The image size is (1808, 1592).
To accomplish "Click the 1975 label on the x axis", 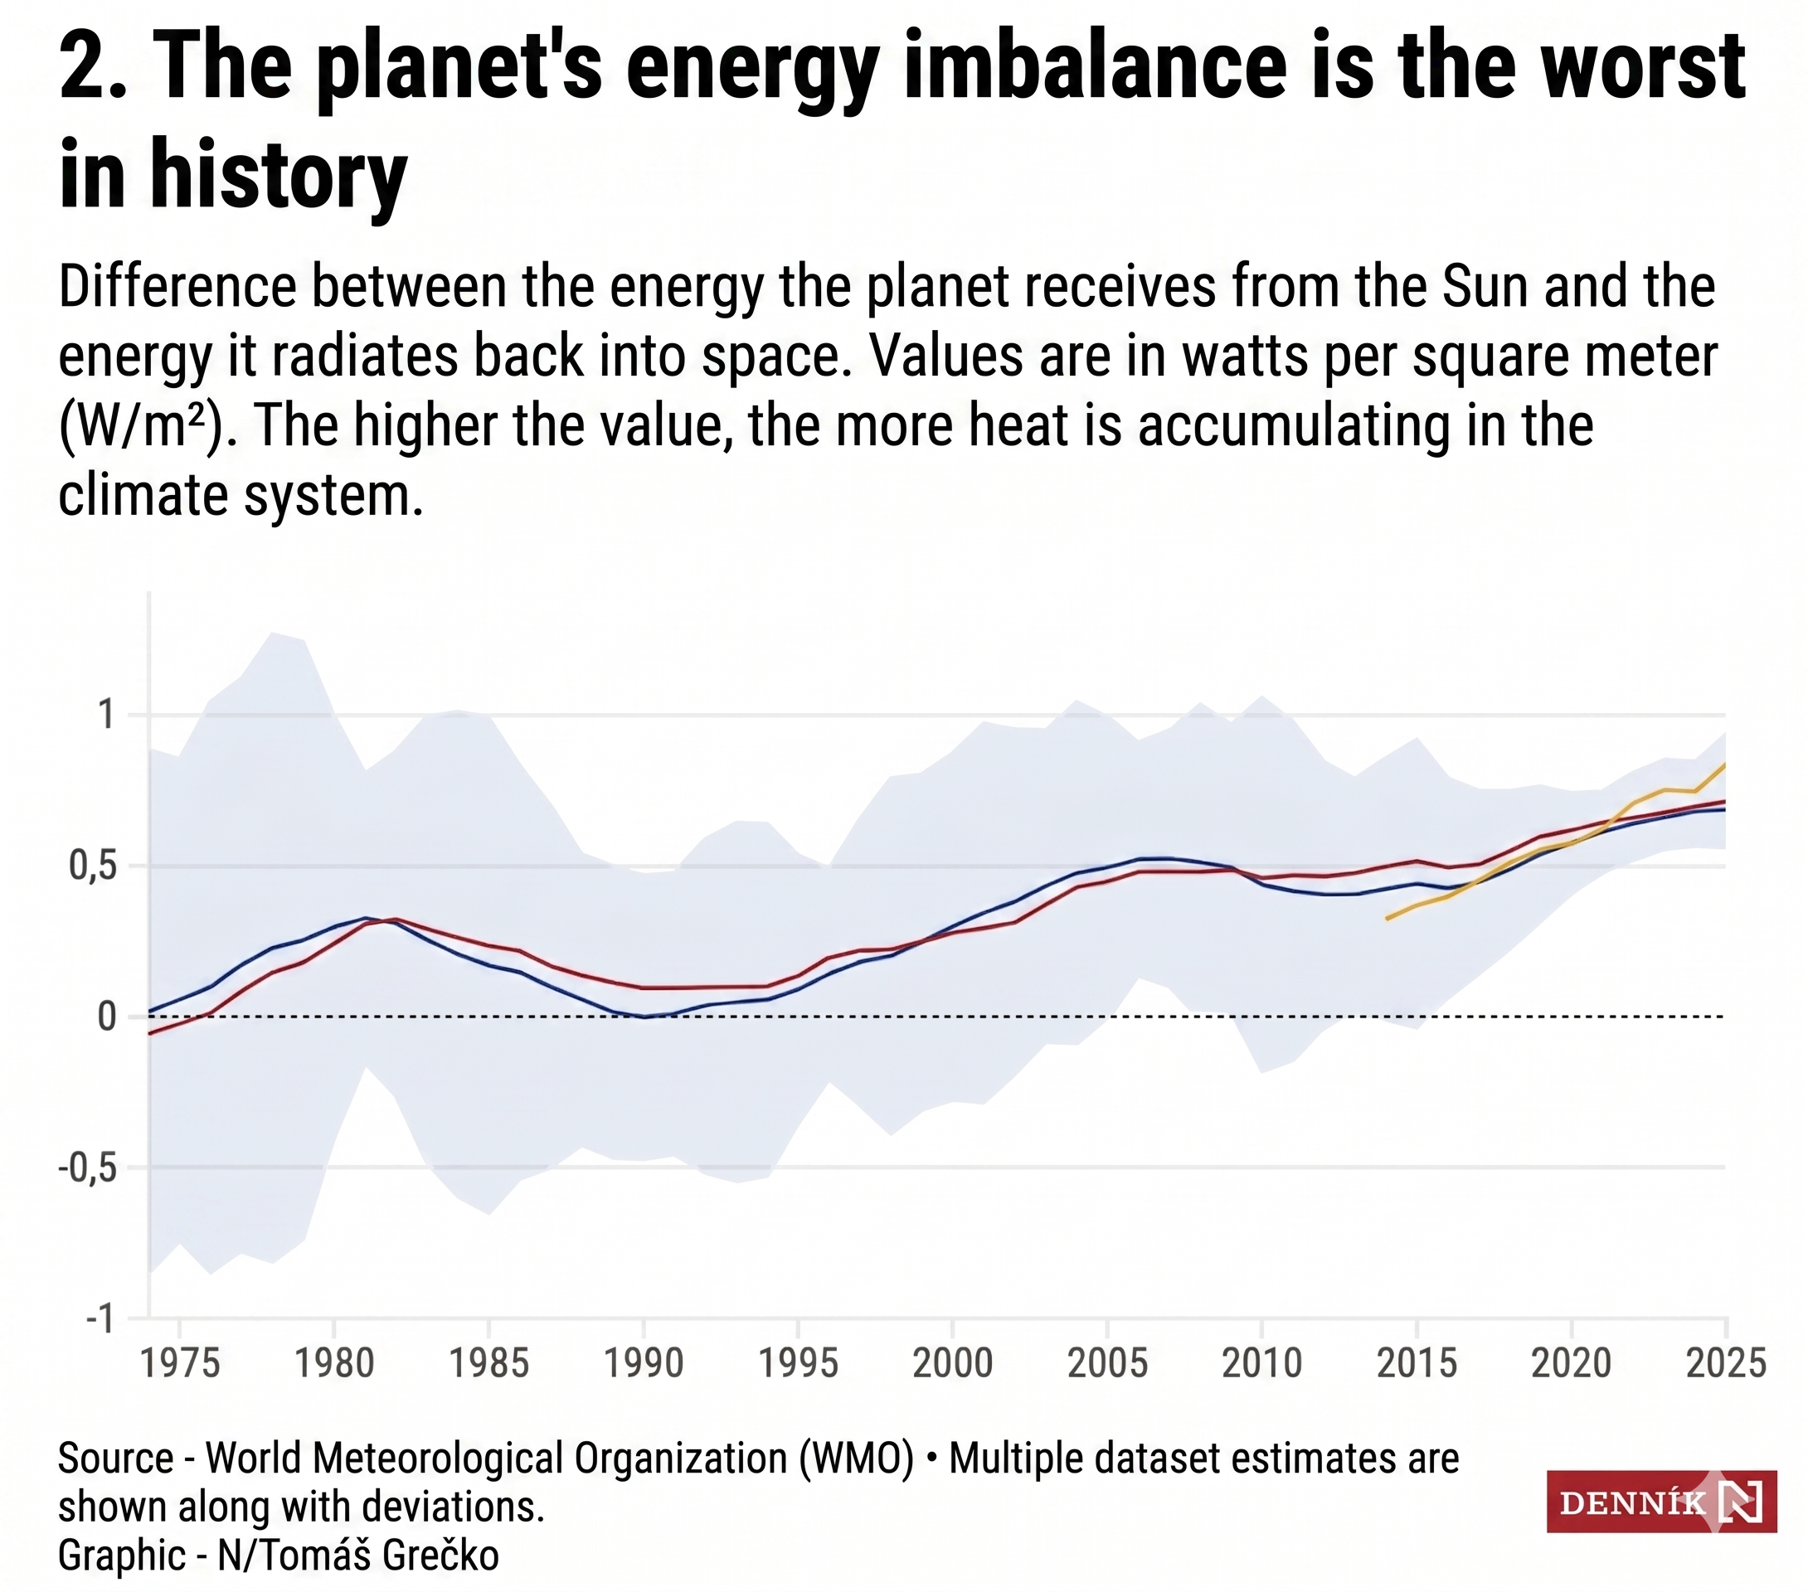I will click(180, 1363).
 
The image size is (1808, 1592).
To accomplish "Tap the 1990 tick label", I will click(643, 1363).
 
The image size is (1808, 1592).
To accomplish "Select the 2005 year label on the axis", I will click(1106, 1363).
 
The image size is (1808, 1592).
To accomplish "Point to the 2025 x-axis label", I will click(1726, 1363).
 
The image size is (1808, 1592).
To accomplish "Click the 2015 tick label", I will click(1417, 1363).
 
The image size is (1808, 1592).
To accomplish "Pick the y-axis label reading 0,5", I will click(93, 866).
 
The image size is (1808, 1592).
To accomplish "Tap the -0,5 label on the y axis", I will click(87, 1168).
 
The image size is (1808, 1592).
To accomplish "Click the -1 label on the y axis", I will click(100, 1319).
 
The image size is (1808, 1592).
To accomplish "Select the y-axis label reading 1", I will click(107, 715).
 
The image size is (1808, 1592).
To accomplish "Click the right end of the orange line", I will click(1725, 764).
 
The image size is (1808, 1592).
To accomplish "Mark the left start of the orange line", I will click(1387, 919).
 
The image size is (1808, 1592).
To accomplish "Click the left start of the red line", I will click(149, 1033).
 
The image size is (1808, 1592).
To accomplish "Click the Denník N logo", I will click(1660, 1502).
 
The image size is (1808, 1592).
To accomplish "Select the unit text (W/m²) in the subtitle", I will click(142, 426).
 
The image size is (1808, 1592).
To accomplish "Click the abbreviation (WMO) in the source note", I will click(856, 1459).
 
